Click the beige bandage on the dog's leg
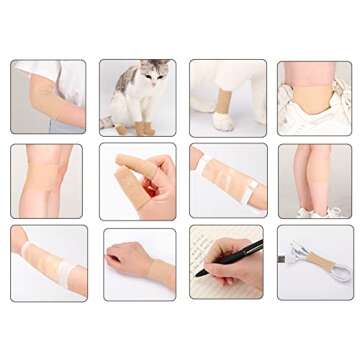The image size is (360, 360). point(221,103)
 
